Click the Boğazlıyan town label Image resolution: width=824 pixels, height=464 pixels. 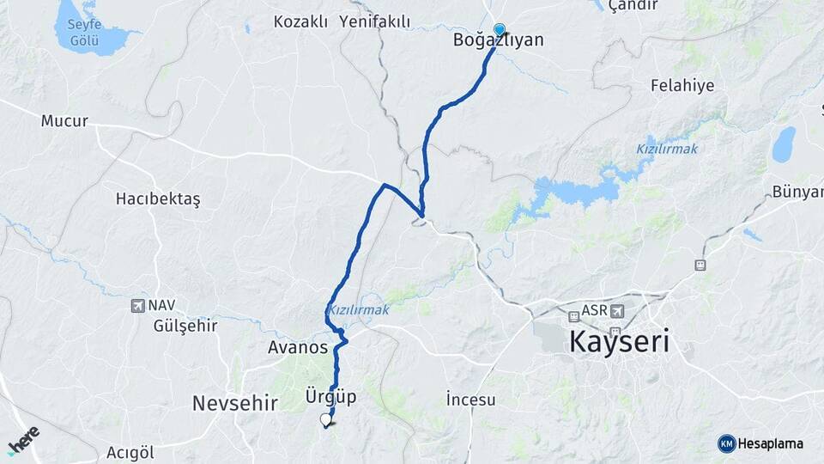499,40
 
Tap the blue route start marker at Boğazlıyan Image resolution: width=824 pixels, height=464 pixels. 500,30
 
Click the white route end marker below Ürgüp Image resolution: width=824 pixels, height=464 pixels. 325,420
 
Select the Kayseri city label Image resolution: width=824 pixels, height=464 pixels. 619,344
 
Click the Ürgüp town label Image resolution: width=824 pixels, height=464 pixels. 330,397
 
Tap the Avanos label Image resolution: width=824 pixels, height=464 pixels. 298,347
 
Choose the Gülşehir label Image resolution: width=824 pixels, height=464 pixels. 185,326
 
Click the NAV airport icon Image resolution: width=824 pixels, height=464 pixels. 137,305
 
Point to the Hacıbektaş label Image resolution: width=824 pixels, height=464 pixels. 158,198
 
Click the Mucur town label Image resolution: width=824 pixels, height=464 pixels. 64,121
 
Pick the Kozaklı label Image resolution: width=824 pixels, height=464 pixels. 300,21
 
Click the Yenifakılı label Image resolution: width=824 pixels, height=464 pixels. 375,21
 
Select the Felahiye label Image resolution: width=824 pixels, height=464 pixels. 682,86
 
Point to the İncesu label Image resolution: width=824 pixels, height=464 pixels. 471,399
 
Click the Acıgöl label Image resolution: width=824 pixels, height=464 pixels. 130,452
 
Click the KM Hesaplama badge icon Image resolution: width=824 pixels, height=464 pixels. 726,443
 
